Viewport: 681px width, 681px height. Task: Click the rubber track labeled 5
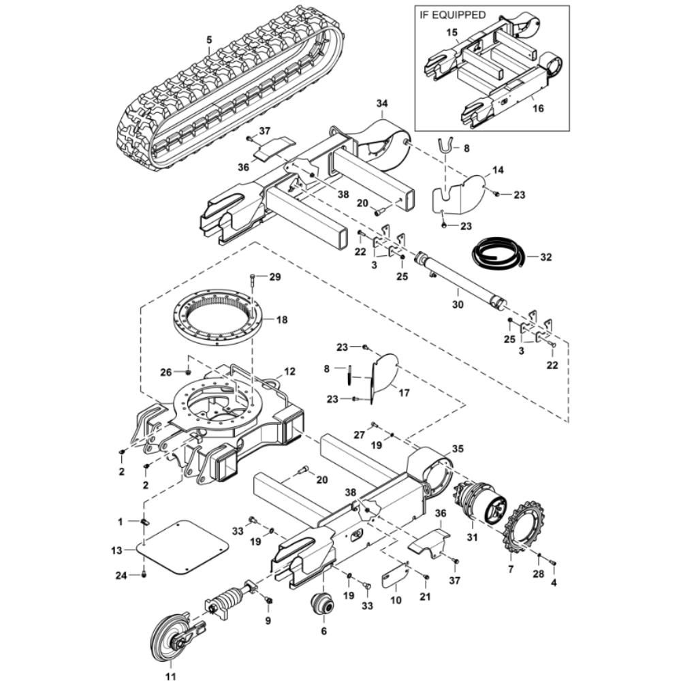coord(232,89)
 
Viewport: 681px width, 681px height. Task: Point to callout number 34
coord(382,103)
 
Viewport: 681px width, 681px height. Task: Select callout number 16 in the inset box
coord(537,108)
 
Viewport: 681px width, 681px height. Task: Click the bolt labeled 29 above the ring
coord(253,278)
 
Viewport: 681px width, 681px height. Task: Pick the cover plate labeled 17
coord(381,375)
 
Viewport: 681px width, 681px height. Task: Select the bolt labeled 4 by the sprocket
coord(552,563)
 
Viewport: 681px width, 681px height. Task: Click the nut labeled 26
coord(187,372)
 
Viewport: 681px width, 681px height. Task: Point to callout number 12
coord(289,372)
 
